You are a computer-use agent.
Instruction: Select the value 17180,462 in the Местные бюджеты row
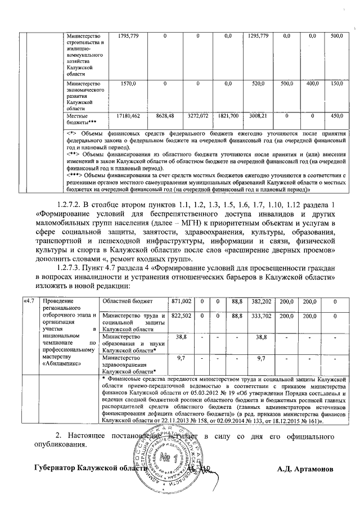[127, 115]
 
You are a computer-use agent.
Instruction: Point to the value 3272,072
[198, 115]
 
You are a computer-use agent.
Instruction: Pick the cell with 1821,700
[228, 115]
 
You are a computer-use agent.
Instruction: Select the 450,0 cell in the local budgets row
[336, 115]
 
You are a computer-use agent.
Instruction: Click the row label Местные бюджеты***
[82, 118]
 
